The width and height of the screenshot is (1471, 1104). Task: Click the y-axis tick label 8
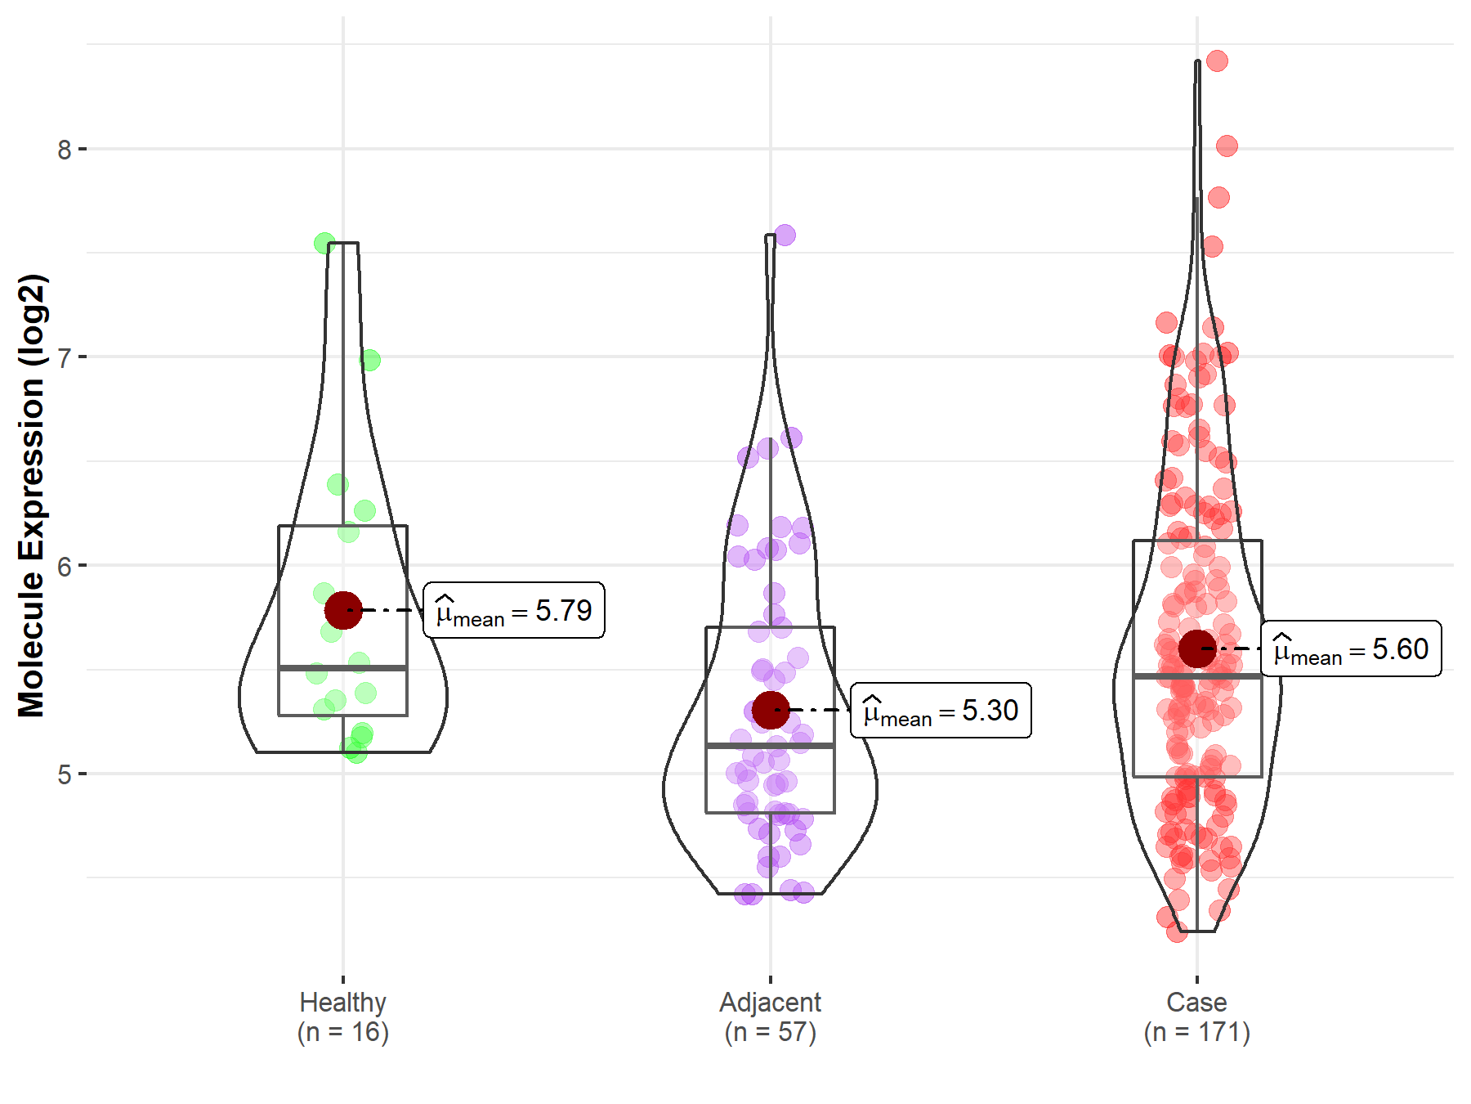pyautogui.click(x=64, y=150)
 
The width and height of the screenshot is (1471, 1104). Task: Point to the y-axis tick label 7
pyautogui.click(x=64, y=357)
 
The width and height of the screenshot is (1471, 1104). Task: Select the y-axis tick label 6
pyautogui.click(x=64, y=566)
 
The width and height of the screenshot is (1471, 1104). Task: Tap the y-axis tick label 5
pyautogui.click(x=64, y=774)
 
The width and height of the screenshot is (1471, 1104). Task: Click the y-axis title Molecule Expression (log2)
pyautogui.click(x=31, y=496)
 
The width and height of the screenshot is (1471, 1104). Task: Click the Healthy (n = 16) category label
pyautogui.click(x=342, y=1016)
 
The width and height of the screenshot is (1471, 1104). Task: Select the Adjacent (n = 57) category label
pyautogui.click(x=770, y=1016)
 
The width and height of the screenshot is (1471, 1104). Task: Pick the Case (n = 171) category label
pyautogui.click(x=1196, y=1016)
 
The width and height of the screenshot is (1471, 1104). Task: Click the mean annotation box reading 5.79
pyautogui.click(x=514, y=610)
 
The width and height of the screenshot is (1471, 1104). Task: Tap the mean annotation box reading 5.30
pyautogui.click(x=941, y=710)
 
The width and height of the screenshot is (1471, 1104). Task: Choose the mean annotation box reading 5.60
pyautogui.click(x=1351, y=648)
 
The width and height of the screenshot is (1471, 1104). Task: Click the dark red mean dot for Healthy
pyautogui.click(x=343, y=610)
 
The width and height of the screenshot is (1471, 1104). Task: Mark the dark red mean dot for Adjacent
pyautogui.click(x=770, y=710)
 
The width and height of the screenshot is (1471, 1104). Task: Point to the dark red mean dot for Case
pyautogui.click(x=1197, y=648)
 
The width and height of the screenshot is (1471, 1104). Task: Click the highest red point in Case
pyautogui.click(x=1217, y=61)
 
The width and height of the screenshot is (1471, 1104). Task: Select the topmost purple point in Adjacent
pyautogui.click(x=785, y=236)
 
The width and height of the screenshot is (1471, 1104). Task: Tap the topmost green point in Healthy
pyautogui.click(x=324, y=243)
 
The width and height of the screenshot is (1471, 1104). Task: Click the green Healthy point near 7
pyautogui.click(x=369, y=360)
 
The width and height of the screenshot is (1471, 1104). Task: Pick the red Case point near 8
pyautogui.click(x=1227, y=146)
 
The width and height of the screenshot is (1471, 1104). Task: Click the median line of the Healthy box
pyautogui.click(x=343, y=668)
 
